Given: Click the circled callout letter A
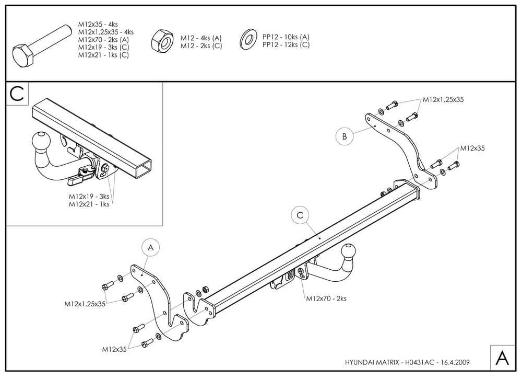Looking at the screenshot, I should click(150, 248).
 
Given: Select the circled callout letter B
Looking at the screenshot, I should click(344, 137).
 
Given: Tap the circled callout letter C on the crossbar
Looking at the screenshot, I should click(300, 215).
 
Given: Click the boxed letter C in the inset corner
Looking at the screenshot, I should click(17, 94).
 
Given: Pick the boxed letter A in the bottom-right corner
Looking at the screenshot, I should click(502, 358).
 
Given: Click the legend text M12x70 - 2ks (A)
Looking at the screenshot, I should click(103, 39).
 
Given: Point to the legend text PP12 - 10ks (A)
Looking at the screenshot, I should click(286, 37).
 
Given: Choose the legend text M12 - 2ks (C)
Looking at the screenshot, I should click(201, 46).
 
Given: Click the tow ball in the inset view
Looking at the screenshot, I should click(41, 141).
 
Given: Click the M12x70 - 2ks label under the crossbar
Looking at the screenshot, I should click(326, 298).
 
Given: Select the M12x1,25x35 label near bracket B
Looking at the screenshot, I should click(443, 99).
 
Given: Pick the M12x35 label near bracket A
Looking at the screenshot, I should click(115, 349).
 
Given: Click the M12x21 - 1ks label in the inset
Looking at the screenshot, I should click(89, 204).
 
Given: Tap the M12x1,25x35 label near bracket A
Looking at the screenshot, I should click(85, 303).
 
